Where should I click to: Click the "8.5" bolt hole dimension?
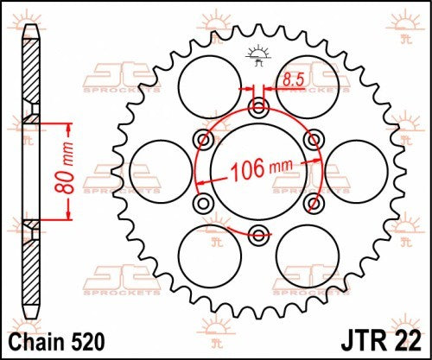click(290, 80)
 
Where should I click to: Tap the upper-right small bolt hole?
click(314, 138)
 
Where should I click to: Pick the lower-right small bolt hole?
click(314, 201)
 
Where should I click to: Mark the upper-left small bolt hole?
click(205, 138)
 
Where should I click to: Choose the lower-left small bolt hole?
click(205, 201)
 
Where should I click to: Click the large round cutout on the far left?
click(160, 169)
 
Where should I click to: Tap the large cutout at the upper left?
click(210, 83)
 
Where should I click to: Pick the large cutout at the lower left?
click(210, 256)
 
